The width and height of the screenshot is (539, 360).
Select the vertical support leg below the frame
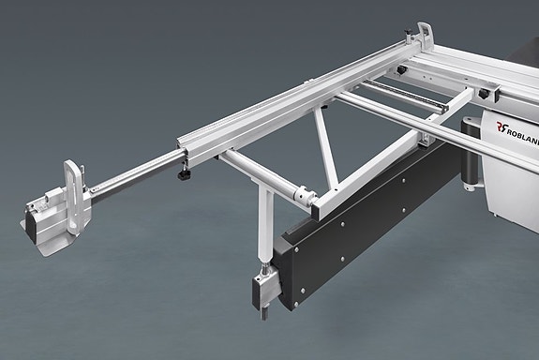tap(265, 225)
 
